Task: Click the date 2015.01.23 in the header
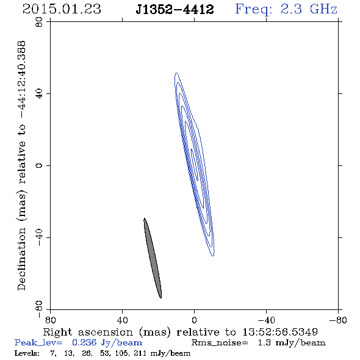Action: [62, 9]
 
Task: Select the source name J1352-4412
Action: [175, 9]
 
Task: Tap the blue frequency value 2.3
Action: [291, 9]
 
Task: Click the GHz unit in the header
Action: [323, 9]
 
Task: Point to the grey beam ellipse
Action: [153, 258]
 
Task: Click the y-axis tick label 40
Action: [40, 94]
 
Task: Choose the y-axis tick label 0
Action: [40, 165]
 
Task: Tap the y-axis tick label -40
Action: [40, 237]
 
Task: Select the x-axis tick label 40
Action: [122, 320]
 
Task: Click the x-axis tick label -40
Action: [266, 320]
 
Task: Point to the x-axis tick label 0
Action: [194, 320]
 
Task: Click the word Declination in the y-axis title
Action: [21, 259]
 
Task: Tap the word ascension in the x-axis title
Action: [106, 332]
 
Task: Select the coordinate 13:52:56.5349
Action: [280, 332]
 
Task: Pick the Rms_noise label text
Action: [220, 343]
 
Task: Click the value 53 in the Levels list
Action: [104, 353]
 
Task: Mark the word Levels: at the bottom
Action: [27, 353]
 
